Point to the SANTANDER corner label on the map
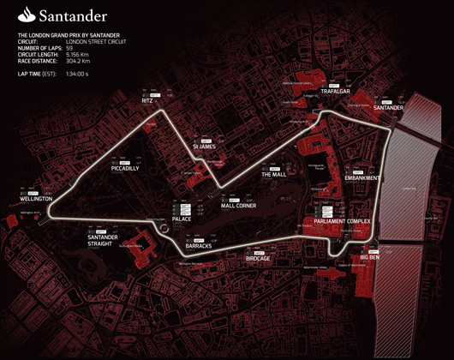pos(388,108)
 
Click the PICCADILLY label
pos(125,168)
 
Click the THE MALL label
pos(273,174)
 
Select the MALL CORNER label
pos(238,206)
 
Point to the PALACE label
pos(182,219)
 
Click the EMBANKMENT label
pos(361,178)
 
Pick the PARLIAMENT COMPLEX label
pos(342,221)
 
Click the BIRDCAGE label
pos(258,258)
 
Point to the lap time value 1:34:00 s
pos(78,75)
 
